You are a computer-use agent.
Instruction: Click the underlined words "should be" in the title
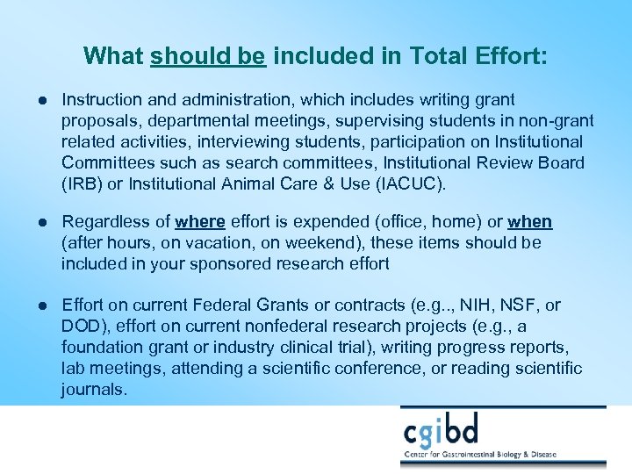208,56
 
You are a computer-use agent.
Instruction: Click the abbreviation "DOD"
81,327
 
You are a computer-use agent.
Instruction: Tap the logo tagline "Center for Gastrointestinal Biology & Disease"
503,456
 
